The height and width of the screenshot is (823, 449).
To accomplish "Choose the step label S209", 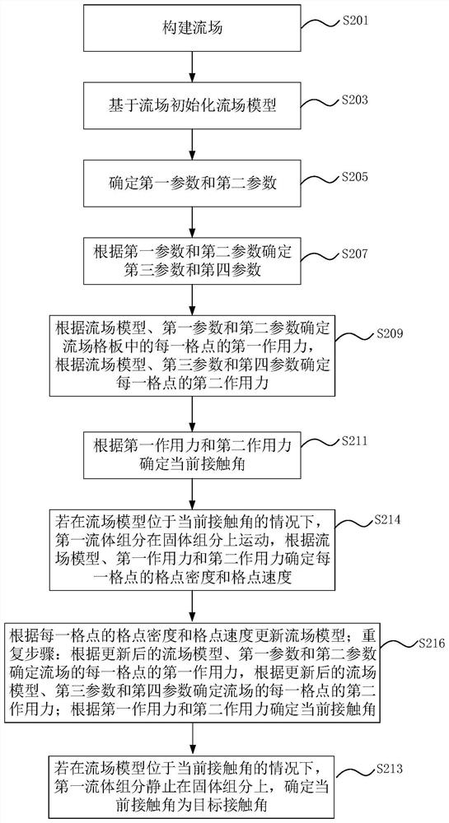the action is click(x=389, y=333).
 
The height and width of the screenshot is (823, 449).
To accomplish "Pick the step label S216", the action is click(x=431, y=643).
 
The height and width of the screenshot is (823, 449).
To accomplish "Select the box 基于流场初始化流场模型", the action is click(x=193, y=106).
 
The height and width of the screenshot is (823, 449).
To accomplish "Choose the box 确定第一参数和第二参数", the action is click(x=193, y=184).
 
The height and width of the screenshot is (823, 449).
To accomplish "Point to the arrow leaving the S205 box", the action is click(x=193, y=221).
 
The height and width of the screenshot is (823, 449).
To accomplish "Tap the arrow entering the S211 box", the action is click(x=193, y=412).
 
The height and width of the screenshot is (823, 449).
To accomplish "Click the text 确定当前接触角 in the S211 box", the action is click(x=193, y=463).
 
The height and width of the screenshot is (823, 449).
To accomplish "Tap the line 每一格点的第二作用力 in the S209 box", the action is click(x=192, y=383).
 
